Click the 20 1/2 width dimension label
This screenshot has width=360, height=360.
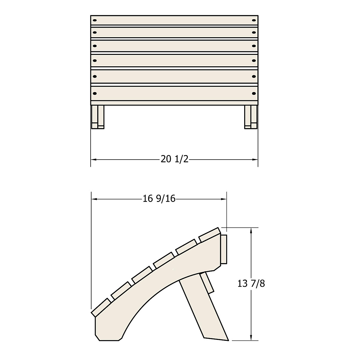175,159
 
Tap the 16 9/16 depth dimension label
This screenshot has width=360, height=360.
159,199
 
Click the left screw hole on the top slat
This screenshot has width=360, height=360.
95,20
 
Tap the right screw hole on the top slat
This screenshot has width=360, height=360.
254,20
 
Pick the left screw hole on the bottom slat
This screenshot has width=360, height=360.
95,93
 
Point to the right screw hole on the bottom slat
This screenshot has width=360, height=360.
254,93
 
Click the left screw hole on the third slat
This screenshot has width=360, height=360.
95,46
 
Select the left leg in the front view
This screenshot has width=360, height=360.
98,117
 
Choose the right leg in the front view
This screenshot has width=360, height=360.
251,117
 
